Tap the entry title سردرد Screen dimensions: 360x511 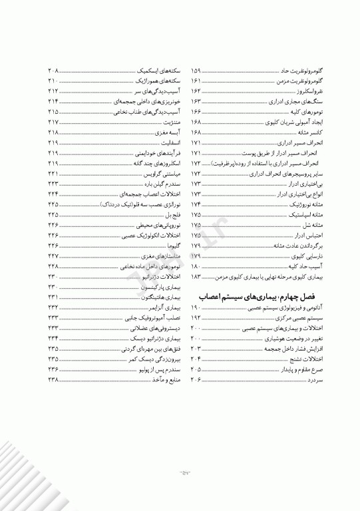point(308,379)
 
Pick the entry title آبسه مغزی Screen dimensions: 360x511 point(166,132)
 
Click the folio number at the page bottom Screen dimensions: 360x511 point(180,474)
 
